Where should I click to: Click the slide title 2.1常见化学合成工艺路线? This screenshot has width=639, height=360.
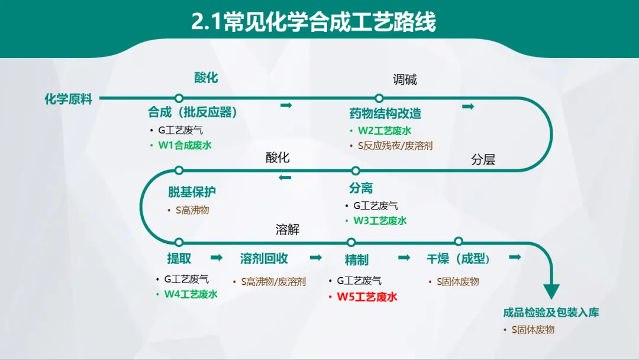[314, 22]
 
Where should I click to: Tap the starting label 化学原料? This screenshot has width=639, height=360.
[69, 99]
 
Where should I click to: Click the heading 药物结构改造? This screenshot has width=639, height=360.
[385, 114]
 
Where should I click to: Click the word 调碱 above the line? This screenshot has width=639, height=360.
[405, 80]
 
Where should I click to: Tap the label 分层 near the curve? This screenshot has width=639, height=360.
[483, 159]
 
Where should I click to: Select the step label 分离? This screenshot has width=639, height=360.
[361, 188]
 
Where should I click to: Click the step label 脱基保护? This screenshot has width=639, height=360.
[192, 192]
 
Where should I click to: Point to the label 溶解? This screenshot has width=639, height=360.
[288, 230]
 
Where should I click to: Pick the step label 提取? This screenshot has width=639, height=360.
[179, 259]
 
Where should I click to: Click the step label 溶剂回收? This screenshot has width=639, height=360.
[264, 259]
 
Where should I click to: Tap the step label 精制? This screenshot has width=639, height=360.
[356, 260]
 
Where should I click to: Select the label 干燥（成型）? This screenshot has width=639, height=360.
[459, 259]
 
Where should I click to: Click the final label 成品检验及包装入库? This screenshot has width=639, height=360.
[551, 313]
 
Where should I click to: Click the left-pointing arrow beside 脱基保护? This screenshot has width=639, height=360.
[285, 177]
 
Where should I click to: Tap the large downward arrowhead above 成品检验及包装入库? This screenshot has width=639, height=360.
[551, 291]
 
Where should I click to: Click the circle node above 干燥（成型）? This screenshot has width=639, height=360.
[458, 241]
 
